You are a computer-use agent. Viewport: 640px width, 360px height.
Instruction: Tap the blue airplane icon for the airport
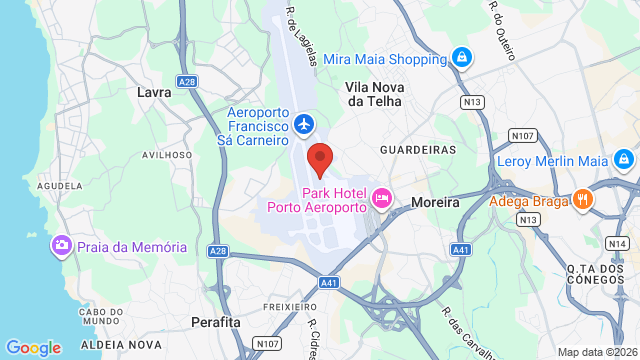[304, 125]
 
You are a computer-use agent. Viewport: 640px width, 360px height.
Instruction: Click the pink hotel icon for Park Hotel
[381, 199]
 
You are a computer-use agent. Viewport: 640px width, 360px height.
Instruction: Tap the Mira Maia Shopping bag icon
[460, 57]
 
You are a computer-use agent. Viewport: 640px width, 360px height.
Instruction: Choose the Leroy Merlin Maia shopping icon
[623, 160]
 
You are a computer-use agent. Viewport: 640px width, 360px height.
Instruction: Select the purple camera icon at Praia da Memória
[62, 246]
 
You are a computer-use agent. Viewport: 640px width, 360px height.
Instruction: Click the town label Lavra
[153, 91]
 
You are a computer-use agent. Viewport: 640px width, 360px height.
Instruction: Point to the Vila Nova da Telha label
[373, 94]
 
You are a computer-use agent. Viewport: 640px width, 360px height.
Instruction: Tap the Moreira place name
[435, 202]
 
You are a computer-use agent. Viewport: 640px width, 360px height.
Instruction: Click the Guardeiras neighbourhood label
[417, 149]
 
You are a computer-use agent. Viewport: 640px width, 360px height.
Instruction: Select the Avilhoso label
[166, 155]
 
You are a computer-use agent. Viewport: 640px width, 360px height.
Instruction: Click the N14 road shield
[617, 243]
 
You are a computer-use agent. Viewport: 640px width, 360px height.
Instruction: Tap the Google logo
[33, 347]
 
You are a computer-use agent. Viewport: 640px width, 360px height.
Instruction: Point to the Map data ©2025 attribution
[596, 352]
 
